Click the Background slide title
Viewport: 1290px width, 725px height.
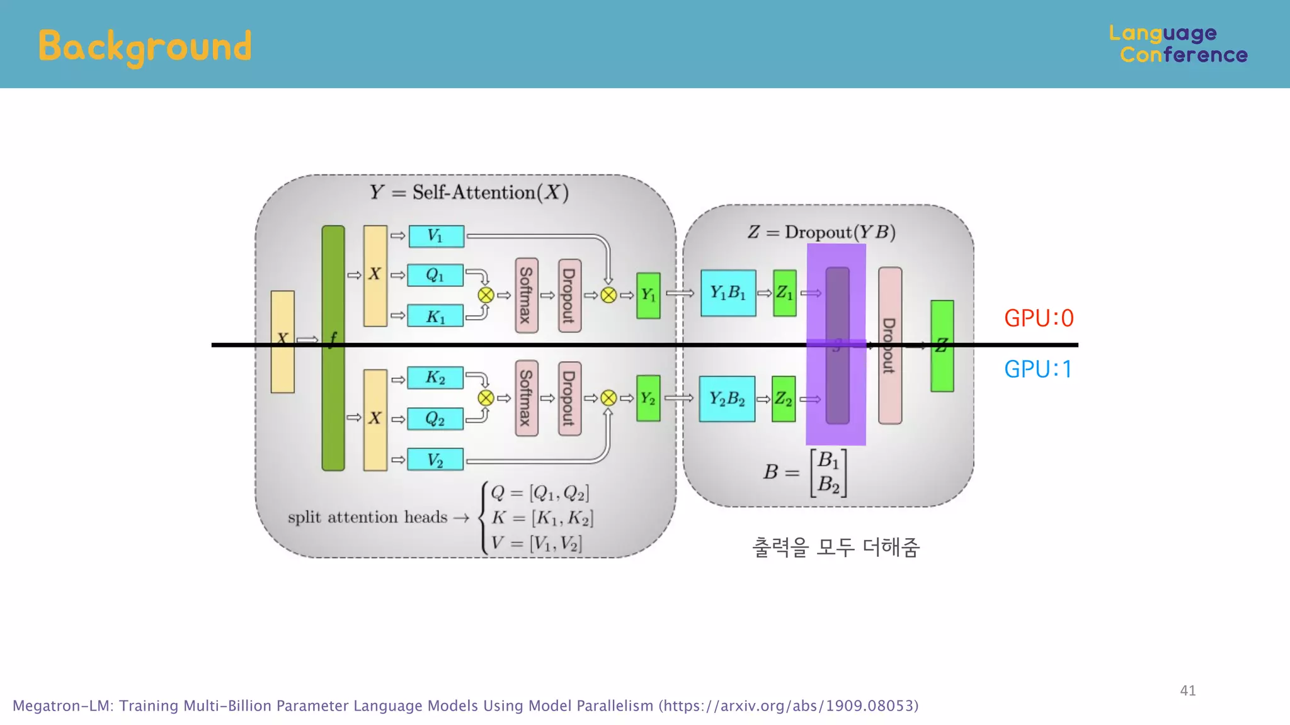(x=145, y=47)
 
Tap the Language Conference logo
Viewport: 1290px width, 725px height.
(x=1178, y=44)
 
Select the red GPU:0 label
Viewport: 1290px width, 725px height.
(x=1039, y=318)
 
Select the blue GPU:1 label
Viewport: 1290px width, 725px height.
(x=1038, y=369)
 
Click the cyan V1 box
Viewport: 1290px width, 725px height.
(x=436, y=236)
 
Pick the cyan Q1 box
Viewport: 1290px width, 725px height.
(x=435, y=275)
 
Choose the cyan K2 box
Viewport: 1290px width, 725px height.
(x=435, y=378)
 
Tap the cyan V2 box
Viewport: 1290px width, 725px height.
(x=435, y=459)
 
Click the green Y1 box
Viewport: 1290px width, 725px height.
(x=648, y=295)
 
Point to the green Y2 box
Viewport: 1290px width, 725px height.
(x=648, y=398)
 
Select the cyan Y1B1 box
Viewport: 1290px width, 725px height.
(x=728, y=293)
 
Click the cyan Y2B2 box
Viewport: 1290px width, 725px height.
(x=727, y=398)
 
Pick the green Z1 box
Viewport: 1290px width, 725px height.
(x=784, y=293)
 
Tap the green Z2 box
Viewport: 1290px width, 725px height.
(x=784, y=398)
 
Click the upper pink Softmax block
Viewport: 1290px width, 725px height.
(x=527, y=295)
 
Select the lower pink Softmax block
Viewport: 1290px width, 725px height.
(x=527, y=398)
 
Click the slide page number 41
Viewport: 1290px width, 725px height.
(x=1187, y=690)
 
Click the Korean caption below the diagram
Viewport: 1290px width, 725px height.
(x=836, y=547)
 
